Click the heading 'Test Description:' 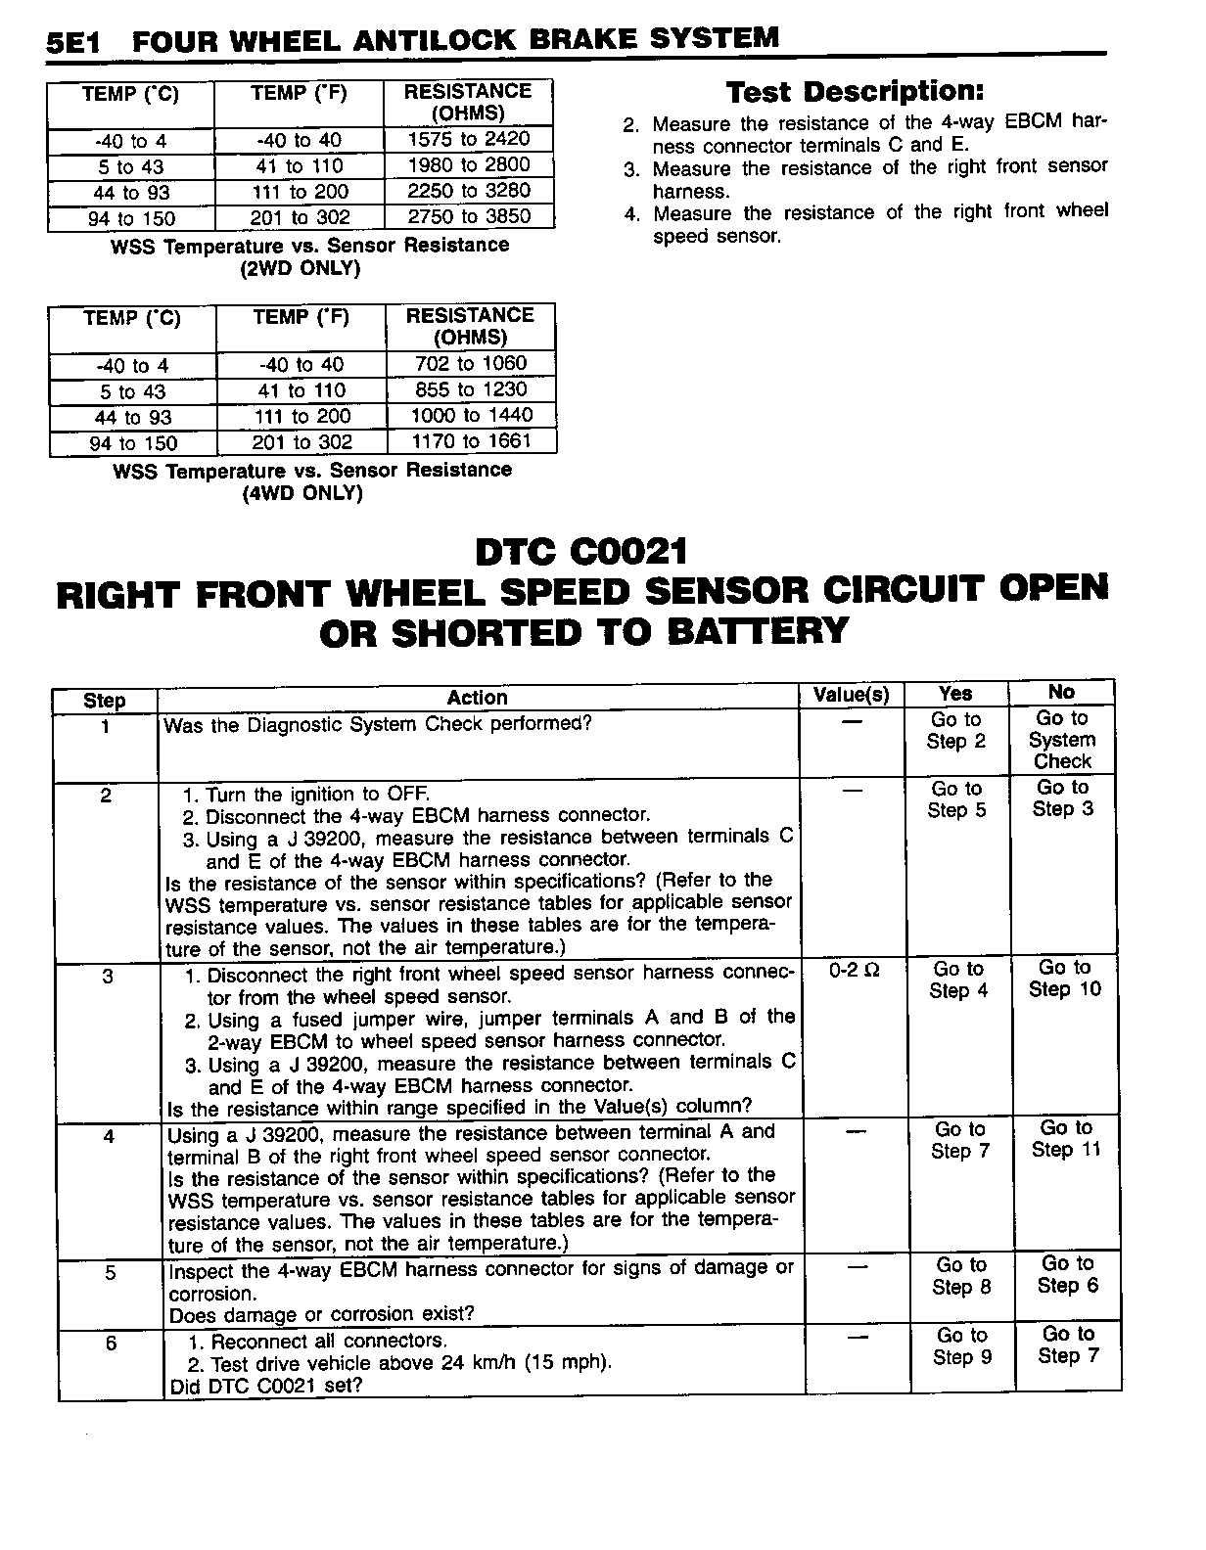[855, 92]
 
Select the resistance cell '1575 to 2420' [468, 140]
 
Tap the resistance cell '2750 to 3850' [469, 216]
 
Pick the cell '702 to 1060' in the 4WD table [471, 364]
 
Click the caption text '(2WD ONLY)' [301, 268]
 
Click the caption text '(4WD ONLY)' [302, 493]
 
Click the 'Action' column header [477, 698]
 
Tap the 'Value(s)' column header [852, 696]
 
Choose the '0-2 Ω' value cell [854, 971]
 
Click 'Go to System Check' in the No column [1062, 740]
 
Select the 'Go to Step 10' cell [1065, 979]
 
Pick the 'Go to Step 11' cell [1066, 1139]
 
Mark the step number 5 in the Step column [110, 1272]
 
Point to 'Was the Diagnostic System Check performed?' [378, 725]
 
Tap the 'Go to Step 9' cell [961, 1346]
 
